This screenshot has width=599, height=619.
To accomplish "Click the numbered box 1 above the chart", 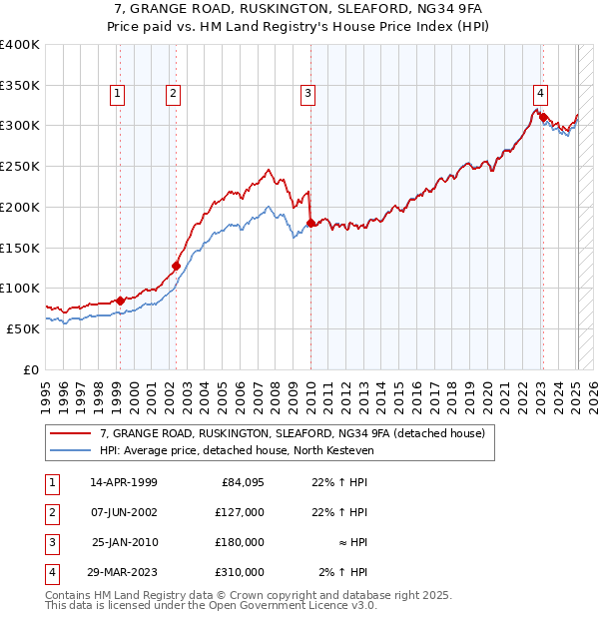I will tap(118, 94).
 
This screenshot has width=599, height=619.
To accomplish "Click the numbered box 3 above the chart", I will tap(307, 94).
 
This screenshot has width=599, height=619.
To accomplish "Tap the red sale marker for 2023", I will tap(543, 118).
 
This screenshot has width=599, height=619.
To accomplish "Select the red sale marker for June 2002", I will tap(176, 266).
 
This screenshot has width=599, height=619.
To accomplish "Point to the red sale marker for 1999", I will tap(120, 301).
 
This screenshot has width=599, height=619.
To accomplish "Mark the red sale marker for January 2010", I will tap(310, 223).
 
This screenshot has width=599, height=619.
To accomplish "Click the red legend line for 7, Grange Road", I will tap(69, 433).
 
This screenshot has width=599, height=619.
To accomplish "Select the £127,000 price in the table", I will tap(242, 512).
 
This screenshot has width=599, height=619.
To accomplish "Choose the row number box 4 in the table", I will tap(49, 572).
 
